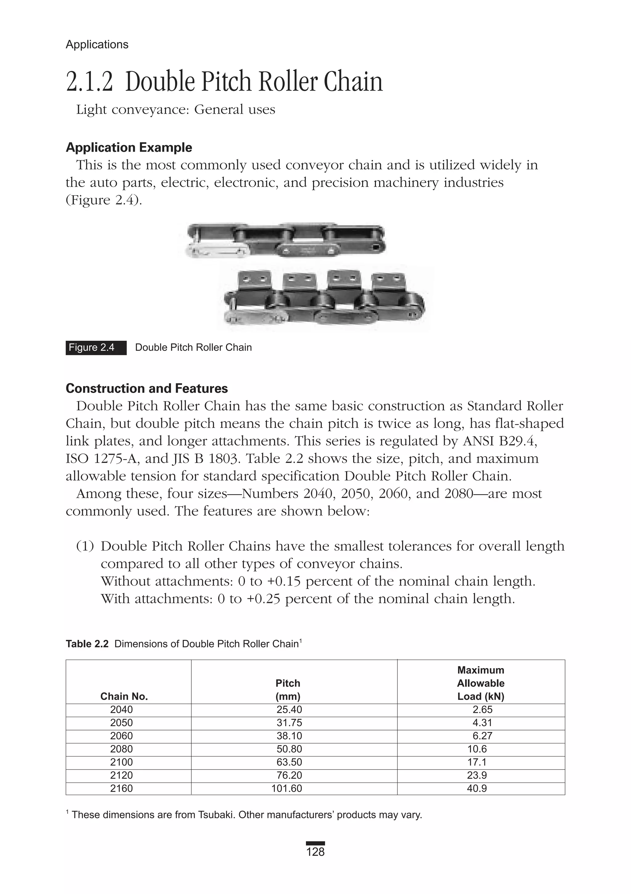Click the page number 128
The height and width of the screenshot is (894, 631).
(315, 852)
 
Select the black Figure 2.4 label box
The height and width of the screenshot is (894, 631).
(96, 347)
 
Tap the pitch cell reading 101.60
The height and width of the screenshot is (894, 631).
(287, 788)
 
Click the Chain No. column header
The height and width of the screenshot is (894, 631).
(124, 697)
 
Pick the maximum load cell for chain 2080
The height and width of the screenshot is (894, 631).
(477, 749)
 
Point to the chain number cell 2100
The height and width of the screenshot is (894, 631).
(121, 762)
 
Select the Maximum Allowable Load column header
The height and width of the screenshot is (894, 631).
(481, 683)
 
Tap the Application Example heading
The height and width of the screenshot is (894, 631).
(129, 148)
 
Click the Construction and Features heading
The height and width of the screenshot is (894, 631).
(147, 388)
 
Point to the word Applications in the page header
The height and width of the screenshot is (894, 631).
(97, 44)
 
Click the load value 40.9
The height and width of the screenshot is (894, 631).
(477, 788)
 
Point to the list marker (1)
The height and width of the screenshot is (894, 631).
(85, 546)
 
